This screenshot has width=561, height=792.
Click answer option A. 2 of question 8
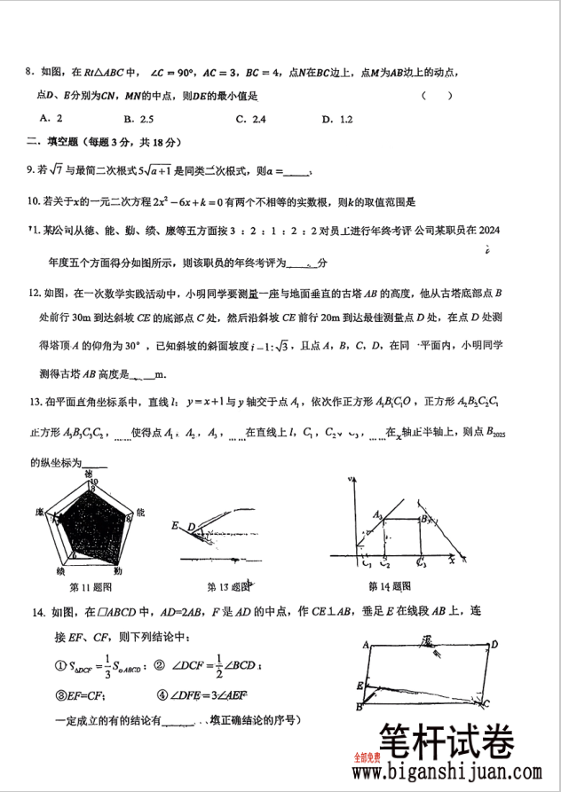(51, 118)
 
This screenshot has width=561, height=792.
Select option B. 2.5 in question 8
(139, 118)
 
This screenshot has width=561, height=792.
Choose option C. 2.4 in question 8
(250, 118)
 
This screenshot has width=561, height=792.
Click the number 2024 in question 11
(488, 231)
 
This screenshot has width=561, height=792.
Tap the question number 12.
(36, 293)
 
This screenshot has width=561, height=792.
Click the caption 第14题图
(390, 586)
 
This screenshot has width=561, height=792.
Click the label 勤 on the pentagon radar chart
(130, 570)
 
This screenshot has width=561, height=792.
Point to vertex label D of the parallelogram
(494, 645)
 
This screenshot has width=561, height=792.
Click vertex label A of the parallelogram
(366, 646)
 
